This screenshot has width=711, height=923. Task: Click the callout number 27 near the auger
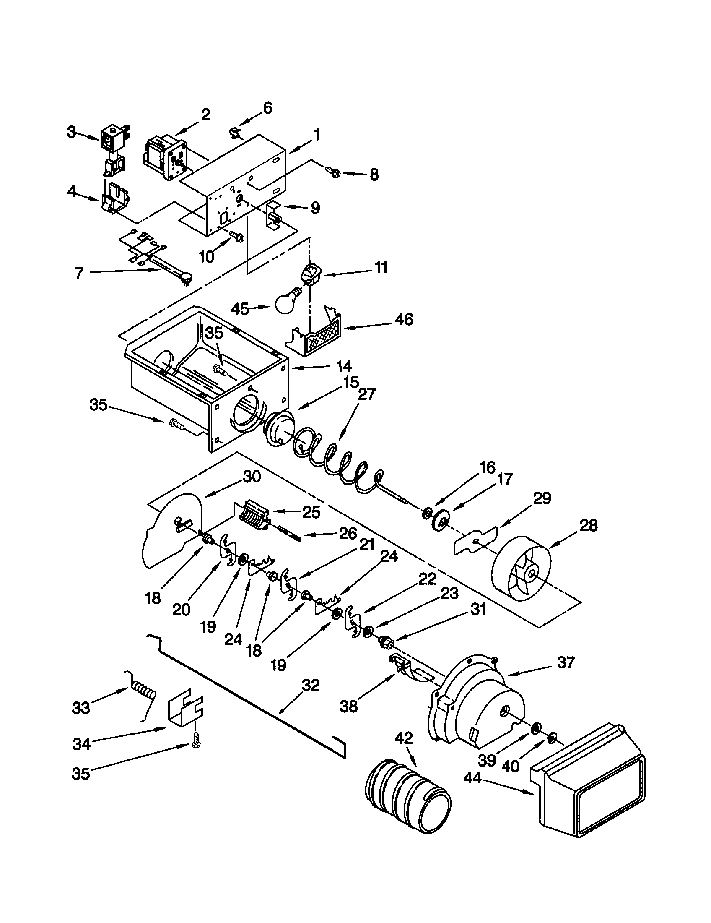[x=366, y=394]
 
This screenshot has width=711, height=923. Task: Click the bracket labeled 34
[x=185, y=713]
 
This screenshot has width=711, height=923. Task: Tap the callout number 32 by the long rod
[x=311, y=686]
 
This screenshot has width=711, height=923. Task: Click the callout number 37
[x=566, y=662]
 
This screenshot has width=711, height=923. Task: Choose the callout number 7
[x=79, y=274]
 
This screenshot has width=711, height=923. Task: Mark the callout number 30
[x=252, y=477]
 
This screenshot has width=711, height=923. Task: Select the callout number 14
[x=344, y=366]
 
